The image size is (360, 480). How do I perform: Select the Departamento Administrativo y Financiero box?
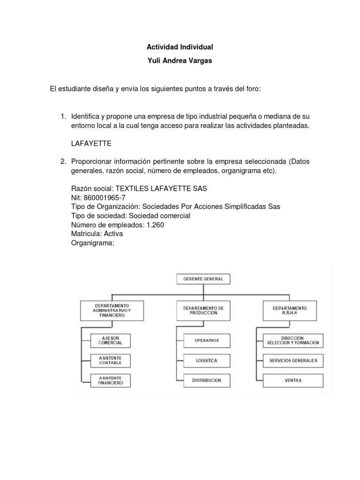pos(112,310)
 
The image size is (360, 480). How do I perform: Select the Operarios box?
pos(207,340)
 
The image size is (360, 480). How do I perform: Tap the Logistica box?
pos(207,360)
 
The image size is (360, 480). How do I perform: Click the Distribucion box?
pos(207,380)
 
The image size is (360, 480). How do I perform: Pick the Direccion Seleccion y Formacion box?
pos(293,340)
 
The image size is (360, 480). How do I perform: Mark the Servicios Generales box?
pos(293,360)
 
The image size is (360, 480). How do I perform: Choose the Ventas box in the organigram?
pos(293,380)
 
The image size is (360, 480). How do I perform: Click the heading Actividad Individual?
pos(180,47)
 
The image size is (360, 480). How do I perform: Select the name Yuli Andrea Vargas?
pos(180,61)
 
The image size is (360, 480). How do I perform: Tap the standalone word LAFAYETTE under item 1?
pos(91,144)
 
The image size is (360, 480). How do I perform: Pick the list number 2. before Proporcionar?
pos(63,162)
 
